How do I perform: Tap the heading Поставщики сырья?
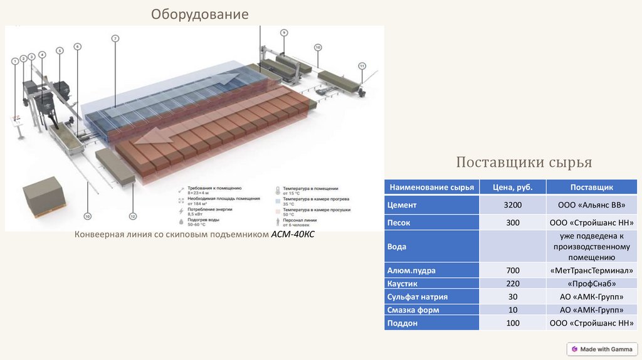coord(524,163)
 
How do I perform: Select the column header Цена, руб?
coord(512,187)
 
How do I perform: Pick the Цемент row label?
coord(402,204)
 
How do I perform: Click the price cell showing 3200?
coord(512,204)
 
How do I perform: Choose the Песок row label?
coord(399,222)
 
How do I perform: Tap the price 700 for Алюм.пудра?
coord(512,270)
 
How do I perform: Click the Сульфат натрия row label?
coord(417,297)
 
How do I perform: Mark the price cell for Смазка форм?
coord(512,310)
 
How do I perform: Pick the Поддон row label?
coord(402,323)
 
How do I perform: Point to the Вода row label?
coord(397,246)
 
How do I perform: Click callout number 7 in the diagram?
coord(115,39)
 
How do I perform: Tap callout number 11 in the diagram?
coord(362,65)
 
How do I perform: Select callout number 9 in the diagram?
coord(283,32)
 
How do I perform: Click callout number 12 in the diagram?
coord(132,216)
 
